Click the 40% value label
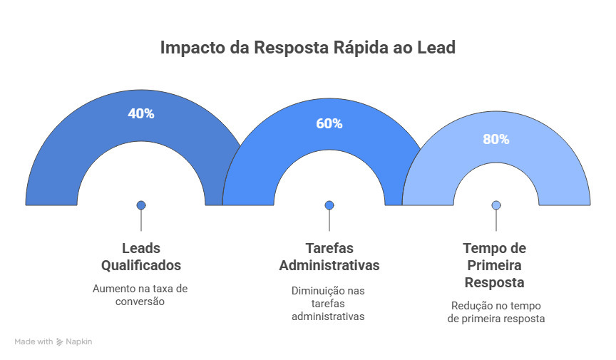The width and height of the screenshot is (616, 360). tap(141, 113)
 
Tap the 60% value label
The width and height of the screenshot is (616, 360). tap(329, 123)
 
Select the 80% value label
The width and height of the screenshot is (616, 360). tap(496, 139)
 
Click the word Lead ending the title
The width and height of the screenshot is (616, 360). tap(436, 48)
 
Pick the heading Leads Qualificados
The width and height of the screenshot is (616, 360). tap(141, 257)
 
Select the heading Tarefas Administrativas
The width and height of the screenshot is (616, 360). tap(329, 257)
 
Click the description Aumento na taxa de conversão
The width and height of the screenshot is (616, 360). tap(141, 294)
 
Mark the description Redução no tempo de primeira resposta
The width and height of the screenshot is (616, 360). tap(496, 312)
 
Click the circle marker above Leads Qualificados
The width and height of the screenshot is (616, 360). tap(141, 205)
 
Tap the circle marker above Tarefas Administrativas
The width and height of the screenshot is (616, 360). tap(329, 205)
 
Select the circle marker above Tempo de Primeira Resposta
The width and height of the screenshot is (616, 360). tap(496, 205)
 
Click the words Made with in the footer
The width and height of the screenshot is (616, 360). tap(34, 342)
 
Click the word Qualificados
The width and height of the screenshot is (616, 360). tap(141, 265)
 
